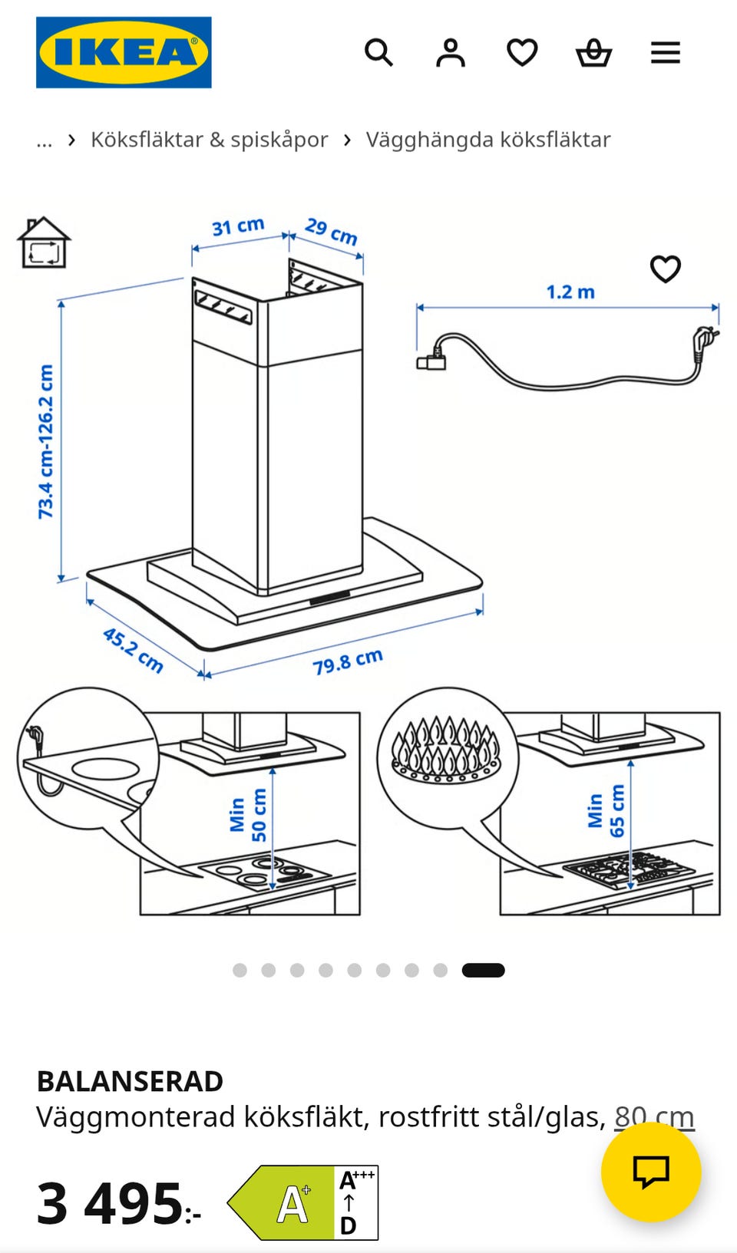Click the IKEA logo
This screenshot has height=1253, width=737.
(124, 52)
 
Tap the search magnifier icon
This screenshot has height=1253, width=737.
(378, 53)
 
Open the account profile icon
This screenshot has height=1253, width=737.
(450, 53)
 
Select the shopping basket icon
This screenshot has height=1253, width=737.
(593, 53)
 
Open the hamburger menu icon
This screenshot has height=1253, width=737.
(666, 53)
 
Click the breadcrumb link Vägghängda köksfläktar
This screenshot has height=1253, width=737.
(488, 140)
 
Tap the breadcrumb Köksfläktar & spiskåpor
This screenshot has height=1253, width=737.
(210, 140)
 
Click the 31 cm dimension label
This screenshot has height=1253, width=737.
(238, 226)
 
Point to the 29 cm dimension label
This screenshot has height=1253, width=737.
(332, 231)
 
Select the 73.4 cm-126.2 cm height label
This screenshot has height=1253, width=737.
(45, 441)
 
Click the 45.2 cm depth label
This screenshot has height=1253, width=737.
(133, 650)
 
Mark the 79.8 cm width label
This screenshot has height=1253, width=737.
(348, 661)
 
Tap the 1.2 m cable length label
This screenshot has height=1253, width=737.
(570, 292)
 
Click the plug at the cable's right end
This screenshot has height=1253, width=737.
(705, 339)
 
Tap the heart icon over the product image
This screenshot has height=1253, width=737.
(666, 269)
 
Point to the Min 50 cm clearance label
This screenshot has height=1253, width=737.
(248, 815)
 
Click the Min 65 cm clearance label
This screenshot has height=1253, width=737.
(606, 810)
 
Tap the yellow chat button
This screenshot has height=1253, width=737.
(651, 1172)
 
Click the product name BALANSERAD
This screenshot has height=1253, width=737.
(130, 1081)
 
